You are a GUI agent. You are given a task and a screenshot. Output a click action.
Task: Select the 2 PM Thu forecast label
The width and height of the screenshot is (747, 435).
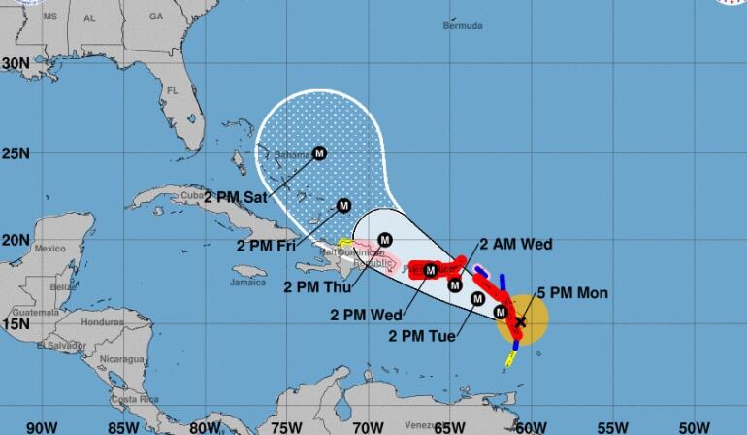click(x=314, y=286)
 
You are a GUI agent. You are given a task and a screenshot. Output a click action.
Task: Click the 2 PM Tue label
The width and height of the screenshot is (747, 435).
click(x=420, y=336)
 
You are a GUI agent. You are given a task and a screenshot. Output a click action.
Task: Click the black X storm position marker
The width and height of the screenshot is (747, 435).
click(x=520, y=320)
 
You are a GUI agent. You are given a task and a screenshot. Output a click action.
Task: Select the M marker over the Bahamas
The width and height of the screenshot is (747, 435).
click(x=319, y=152)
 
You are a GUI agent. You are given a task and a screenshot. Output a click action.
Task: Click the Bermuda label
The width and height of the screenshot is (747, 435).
click(x=462, y=25)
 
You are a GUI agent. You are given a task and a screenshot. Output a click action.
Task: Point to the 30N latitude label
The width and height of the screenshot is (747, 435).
click(x=16, y=62)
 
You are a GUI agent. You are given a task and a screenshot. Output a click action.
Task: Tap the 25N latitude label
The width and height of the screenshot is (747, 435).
click(x=16, y=152)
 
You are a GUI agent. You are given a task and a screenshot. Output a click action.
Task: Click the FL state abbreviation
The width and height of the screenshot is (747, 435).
click(x=172, y=91)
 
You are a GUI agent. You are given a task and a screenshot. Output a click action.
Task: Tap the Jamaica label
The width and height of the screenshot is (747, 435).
click(x=248, y=283)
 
